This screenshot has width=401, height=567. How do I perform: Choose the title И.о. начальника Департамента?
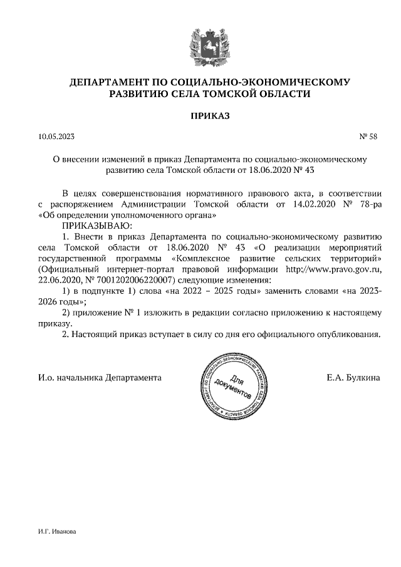click(x=100, y=378)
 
